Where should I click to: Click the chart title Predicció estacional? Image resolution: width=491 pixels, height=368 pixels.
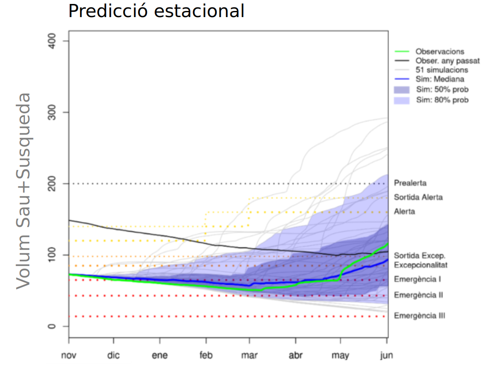coord(156,11)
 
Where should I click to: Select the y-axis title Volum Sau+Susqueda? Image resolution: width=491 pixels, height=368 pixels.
coord(24,191)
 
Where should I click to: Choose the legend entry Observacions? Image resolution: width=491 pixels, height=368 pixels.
coord(440,52)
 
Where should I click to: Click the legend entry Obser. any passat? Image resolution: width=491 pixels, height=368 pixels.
coord(447,61)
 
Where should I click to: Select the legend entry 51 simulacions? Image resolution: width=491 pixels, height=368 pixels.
coord(442,70)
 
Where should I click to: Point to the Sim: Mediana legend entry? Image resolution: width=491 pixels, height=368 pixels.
coord(440,79)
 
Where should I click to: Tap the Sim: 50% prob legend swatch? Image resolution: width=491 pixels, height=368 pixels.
coord(402,90)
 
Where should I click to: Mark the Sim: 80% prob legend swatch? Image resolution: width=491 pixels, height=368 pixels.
coord(402,100)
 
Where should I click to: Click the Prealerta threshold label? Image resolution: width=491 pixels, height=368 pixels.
coord(410,183)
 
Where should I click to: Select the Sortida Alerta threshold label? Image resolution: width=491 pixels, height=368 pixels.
coord(418,198)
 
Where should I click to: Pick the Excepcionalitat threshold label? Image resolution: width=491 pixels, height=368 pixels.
coord(420,265)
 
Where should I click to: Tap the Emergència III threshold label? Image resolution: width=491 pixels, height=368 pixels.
coord(419,315)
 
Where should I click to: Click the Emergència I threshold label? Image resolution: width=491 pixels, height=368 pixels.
coord(417,279)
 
